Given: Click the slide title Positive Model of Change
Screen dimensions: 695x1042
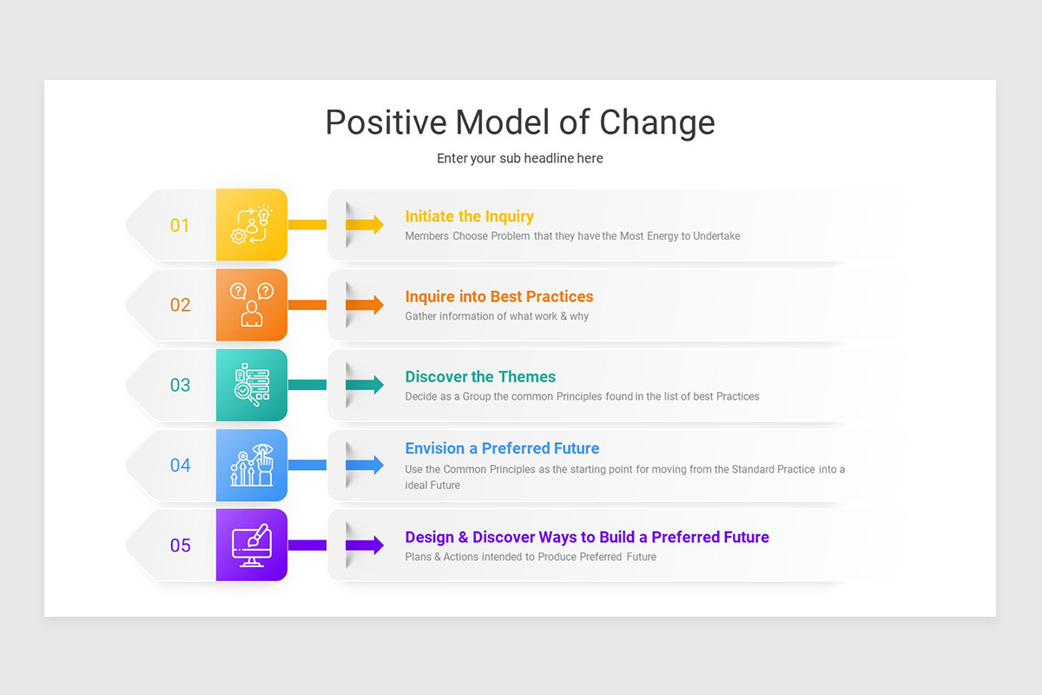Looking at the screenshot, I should click(520, 122).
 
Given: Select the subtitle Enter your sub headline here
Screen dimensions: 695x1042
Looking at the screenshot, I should click(520, 158).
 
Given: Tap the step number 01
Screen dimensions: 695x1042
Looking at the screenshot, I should click(180, 226).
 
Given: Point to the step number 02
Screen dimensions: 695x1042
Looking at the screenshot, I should click(180, 306).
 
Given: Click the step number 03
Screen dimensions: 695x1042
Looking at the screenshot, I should click(180, 386).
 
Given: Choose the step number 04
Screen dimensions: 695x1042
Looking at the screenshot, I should click(180, 466).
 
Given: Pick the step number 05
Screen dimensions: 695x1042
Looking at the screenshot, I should click(180, 546).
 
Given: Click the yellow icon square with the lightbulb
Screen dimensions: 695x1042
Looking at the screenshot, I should click(252, 225).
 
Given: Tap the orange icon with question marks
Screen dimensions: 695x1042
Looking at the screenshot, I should click(252, 305).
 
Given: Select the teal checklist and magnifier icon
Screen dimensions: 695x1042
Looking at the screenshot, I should click(252, 385).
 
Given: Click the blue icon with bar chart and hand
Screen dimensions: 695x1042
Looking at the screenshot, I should click(252, 465).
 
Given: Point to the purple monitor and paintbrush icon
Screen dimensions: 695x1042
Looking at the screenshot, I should click(252, 545).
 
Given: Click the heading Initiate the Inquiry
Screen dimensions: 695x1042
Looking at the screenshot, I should click(469, 216).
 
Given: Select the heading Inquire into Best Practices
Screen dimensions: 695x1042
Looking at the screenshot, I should click(499, 296).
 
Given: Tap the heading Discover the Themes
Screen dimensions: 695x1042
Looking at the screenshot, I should click(480, 377).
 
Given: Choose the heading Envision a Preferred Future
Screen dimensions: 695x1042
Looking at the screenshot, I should click(502, 448).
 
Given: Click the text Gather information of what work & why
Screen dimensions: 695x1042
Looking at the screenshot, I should click(497, 316).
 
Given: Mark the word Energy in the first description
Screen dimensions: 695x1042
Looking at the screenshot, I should click(663, 236).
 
